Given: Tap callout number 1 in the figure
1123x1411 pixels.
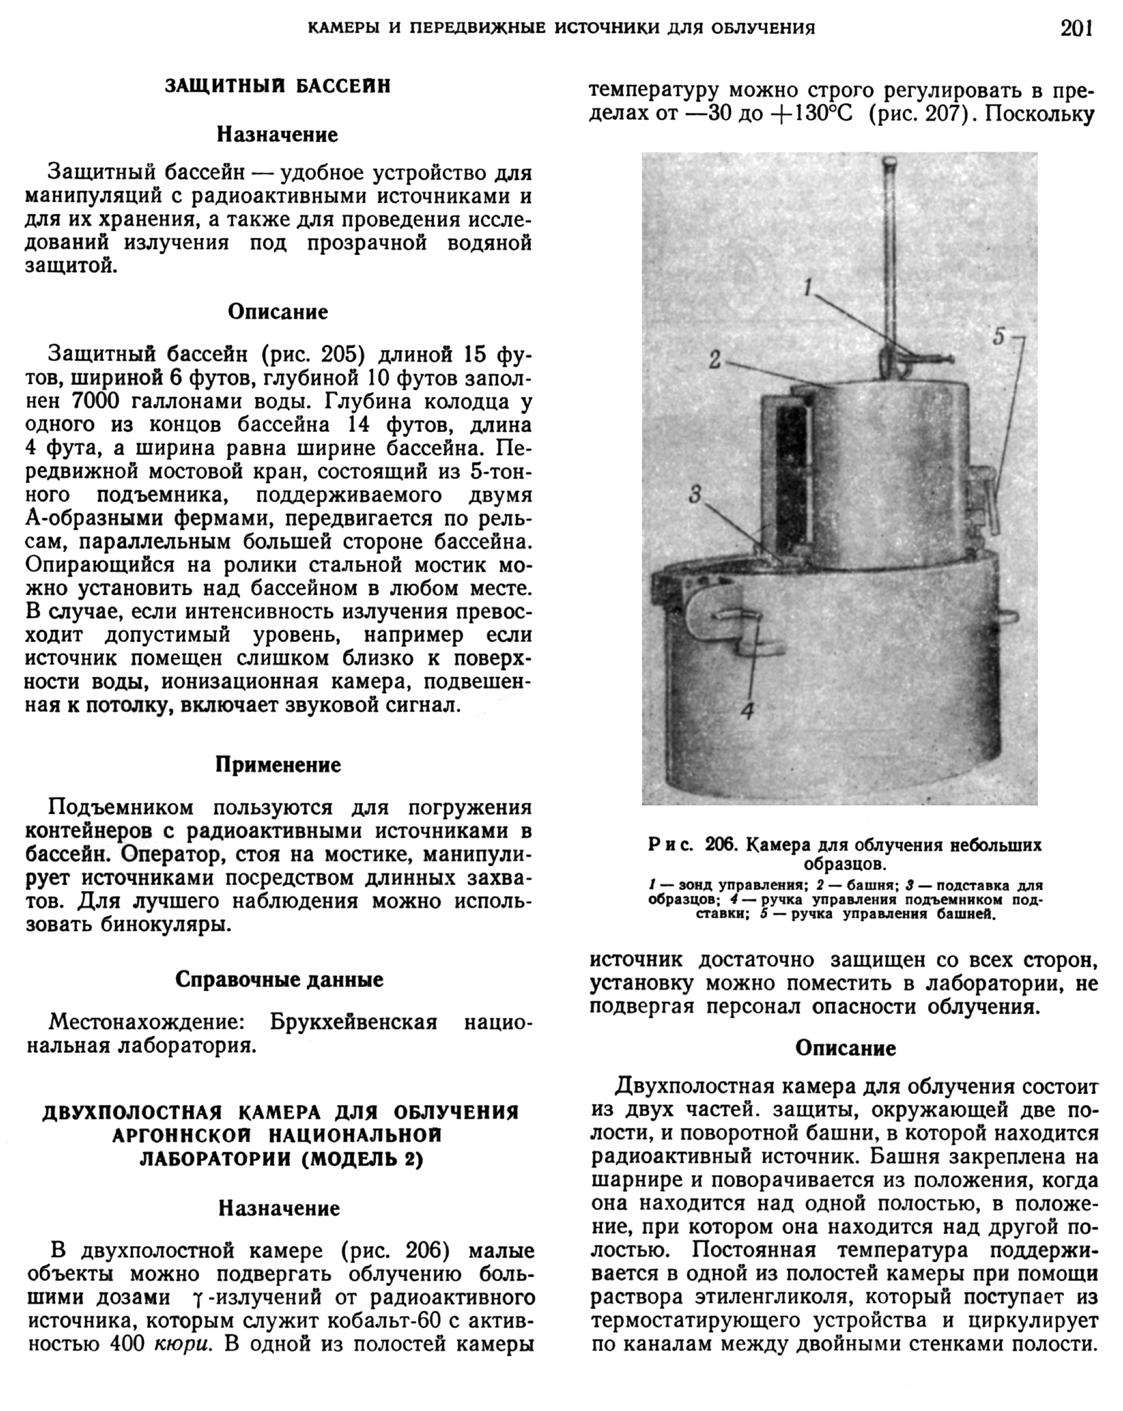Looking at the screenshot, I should click(x=808, y=287).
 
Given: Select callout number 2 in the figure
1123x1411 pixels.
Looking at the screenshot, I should click(x=715, y=358).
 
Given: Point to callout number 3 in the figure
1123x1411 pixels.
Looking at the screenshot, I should click(x=695, y=495).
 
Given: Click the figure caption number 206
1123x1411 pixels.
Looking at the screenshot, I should click(x=721, y=845).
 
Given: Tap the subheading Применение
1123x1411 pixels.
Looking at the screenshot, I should click(x=278, y=765).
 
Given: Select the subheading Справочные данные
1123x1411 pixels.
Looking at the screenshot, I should click(x=279, y=979).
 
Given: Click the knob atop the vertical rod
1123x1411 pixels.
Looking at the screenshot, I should click(x=890, y=161).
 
